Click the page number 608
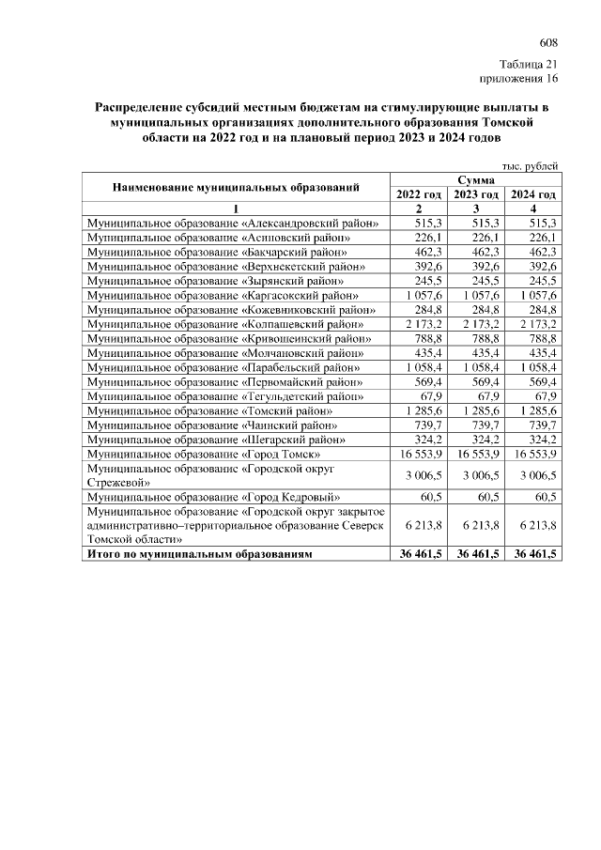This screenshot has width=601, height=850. tap(548, 43)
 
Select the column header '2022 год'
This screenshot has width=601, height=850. tap(418, 193)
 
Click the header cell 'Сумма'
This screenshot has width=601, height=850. tap(476, 179)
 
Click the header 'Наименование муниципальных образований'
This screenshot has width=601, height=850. tap(236, 187)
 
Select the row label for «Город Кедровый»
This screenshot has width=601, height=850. tap(213, 496)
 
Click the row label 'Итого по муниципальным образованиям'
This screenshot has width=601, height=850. tap(198, 555)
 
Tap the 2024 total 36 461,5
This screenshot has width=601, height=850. tap(532, 555)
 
